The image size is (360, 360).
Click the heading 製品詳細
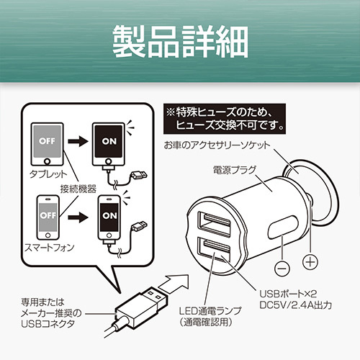(x=180, y=42)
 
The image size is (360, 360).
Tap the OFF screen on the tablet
(x=47, y=141)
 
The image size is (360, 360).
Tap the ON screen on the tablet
(x=109, y=141)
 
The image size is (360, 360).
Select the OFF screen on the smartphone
(x=48, y=215)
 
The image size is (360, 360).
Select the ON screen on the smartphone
(x=109, y=215)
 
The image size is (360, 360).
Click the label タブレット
(x=48, y=174)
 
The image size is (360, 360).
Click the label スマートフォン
(x=50, y=248)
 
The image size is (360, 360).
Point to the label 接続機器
(x=78, y=189)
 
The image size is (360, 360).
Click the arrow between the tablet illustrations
(x=78, y=141)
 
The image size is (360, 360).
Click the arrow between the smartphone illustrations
(x=78, y=217)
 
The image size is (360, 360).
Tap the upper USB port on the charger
(x=215, y=225)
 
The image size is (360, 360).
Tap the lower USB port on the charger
(x=214, y=251)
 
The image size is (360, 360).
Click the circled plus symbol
(x=310, y=262)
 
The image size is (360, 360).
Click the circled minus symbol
(x=282, y=269)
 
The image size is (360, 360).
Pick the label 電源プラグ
(x=235, y=170)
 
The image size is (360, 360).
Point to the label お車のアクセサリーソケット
(x=217, y=145)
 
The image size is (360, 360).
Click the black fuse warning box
(x=225, y=119)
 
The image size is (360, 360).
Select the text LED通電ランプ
(x=210, y=311)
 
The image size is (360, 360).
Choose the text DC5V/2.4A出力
(x=296, y=305)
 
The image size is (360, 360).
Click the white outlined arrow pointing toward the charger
(x=174, y=283)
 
